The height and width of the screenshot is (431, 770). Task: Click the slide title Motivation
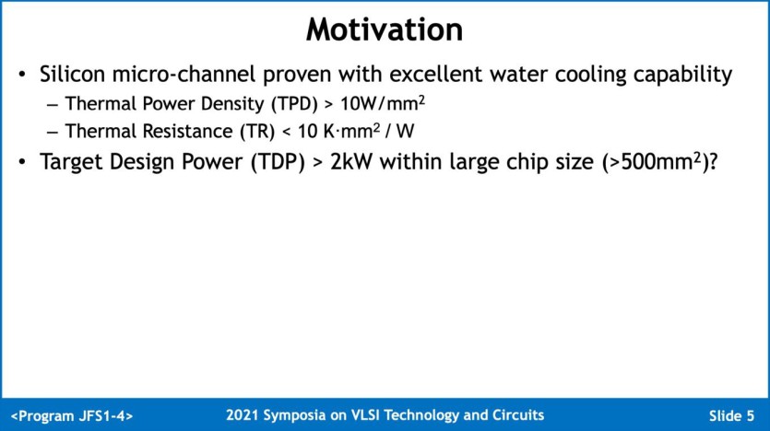[x=384, y=29]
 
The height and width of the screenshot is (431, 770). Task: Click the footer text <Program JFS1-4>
[x=73, y=415]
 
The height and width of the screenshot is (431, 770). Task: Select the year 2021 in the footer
[x=242, y=415]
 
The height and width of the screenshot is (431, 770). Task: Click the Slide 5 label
[x=731, y=415]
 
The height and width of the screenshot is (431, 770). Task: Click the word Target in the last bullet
[x=76, y=162]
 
